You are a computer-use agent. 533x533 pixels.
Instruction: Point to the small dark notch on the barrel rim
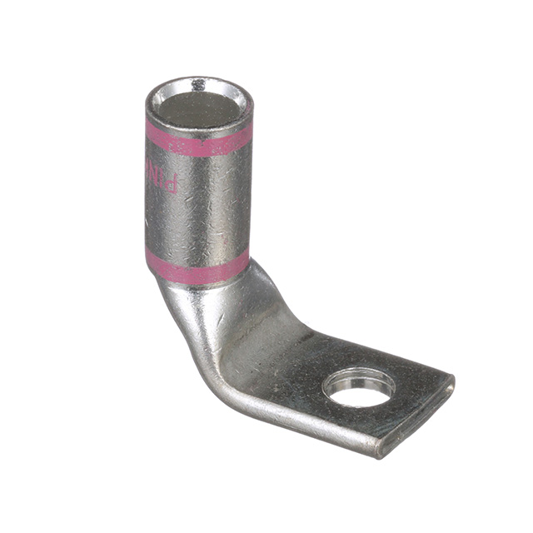coord(198,84)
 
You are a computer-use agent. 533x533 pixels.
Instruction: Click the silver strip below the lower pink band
coord(200,283)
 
